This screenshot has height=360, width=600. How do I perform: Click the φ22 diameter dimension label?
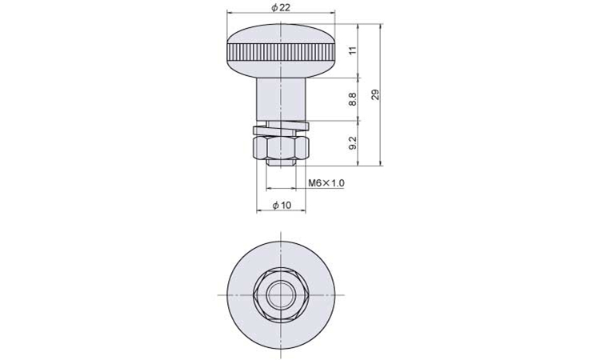(281, 8)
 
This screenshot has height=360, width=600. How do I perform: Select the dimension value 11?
(353, 50)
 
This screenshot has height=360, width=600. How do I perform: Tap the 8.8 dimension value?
(353, 99)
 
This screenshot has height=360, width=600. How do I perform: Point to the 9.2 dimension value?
(353, 143)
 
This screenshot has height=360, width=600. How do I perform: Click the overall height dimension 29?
(376, 95)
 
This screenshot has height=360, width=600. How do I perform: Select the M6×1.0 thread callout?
(326, 183)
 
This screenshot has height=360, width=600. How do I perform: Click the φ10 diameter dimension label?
(282, 206)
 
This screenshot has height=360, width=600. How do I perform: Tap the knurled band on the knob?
(281, 53)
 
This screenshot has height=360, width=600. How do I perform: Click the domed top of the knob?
(281, 34)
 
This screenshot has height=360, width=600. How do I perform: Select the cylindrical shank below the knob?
(281, 99)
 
